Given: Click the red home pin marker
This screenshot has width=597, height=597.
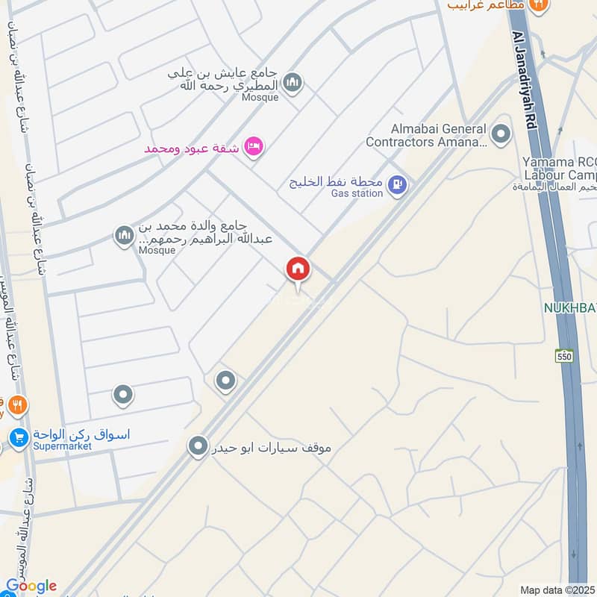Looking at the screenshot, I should (x=298, y=269).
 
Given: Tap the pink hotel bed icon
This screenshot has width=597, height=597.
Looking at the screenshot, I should (x=254, y=144).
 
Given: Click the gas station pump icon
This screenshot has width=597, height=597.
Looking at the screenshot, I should (x=398, y=183).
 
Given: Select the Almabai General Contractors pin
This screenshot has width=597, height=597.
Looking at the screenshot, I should (x=501, y=135).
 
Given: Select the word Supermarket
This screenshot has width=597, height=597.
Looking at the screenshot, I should (x=62, y=446).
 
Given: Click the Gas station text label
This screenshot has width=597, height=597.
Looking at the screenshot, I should (x=357, y=194).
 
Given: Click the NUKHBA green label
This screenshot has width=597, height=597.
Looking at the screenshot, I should (x=569, y=307).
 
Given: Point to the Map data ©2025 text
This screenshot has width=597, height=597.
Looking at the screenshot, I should (x=557, y=590).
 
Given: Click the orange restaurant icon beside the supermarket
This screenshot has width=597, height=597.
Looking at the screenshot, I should (x=18, y=405).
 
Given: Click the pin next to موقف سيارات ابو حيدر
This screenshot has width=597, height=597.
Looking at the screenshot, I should (x=198, y=447).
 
